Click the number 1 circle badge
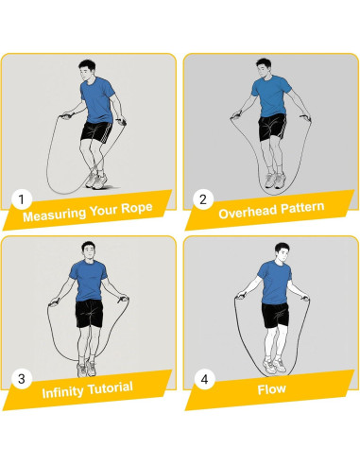22,199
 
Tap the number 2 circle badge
203,199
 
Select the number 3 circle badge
22,379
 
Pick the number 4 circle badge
204,379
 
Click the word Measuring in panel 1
54,215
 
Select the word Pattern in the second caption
302,207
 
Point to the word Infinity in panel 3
62,391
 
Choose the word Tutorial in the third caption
110,387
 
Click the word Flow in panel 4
271,389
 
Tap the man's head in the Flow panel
283,252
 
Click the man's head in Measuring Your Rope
87,71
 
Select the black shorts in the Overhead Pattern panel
272,128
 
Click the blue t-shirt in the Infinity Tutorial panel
89,280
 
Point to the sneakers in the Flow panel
274,365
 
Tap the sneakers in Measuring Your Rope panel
96,181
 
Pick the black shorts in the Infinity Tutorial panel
89,314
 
